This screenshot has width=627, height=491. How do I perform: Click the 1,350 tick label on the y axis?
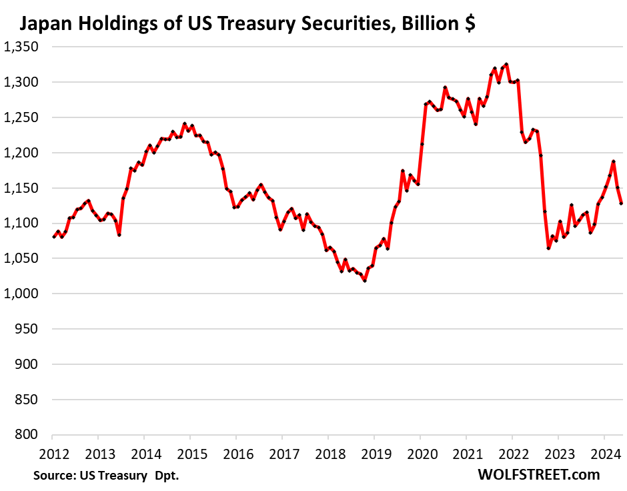click(x=21, y=47)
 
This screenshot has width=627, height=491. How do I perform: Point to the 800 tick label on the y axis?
click(x=27, y=435)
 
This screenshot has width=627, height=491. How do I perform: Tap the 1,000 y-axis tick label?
click(x=21, y=294)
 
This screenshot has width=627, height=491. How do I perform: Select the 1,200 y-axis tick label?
click(x=21, y=153)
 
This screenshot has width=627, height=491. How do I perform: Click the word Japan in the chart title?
click(x=46, y=25)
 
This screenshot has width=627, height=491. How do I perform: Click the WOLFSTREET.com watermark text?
click(x=539, y=475)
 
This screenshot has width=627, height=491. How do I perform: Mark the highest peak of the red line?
click(x=507, y=64)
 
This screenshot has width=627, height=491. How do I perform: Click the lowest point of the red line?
click(x=365, y=281)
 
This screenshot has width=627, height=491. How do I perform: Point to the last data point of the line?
click(x=621, y=203)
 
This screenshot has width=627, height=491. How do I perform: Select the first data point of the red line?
click(x=53, y=237)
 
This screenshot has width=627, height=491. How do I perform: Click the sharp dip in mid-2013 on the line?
click(x=119, y=235)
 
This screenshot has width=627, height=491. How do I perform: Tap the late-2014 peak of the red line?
click(x=185, y=124)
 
